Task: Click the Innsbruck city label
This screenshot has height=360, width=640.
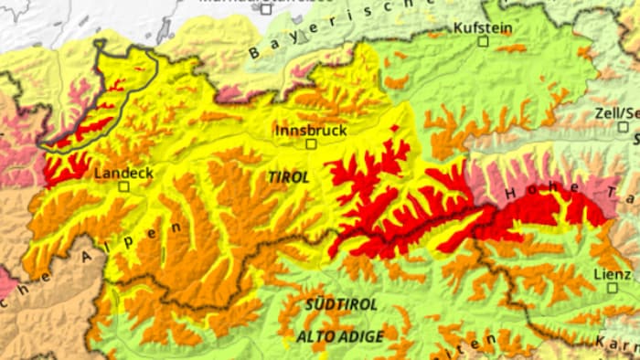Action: coord(311,130)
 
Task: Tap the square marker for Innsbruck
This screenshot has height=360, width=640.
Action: coord(311,143)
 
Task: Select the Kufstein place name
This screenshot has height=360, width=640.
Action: coord(483,28)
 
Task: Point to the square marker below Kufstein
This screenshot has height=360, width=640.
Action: coord(483,41)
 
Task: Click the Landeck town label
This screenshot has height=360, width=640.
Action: coord(123,173)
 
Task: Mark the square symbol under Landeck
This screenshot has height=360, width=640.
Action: coord(123,185)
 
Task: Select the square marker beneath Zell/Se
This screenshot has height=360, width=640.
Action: coord(625,127)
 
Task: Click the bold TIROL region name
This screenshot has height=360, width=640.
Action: coord(288,176)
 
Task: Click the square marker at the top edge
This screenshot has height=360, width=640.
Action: coord(266,9)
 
